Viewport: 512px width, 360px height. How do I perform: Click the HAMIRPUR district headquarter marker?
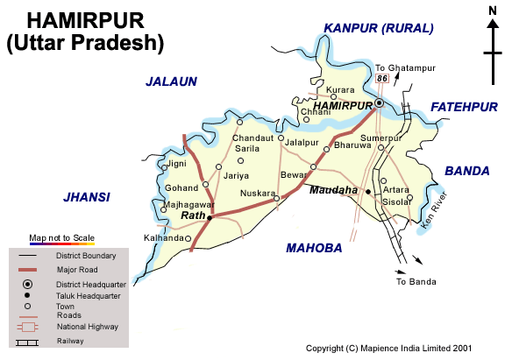coord(379,103)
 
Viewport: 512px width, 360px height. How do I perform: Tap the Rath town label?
coord(192,215)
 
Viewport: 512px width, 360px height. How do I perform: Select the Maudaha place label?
coord(334,189)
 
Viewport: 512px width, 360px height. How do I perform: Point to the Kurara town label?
coord(340,91)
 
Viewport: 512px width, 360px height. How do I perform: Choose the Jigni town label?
coord(176,163)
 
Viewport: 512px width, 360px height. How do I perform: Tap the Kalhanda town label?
coord(164,237)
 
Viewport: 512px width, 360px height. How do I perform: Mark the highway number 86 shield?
coord(381,79)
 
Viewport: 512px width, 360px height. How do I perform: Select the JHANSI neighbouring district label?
coord(87,197)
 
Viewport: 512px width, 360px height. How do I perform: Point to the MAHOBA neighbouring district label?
coord(314,249)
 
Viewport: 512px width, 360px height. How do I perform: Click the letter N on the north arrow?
coord(493,11)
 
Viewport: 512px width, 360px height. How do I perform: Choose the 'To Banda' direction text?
coord(415,282)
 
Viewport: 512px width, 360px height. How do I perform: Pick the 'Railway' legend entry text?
coord(70,341)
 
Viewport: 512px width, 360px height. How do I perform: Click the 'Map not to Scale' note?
coord(61,237)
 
